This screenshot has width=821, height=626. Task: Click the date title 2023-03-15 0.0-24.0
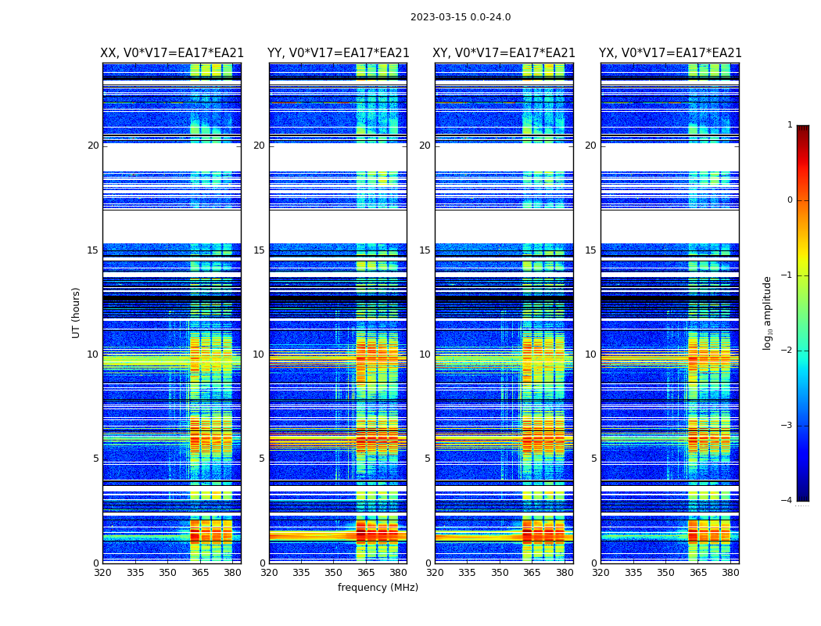(x=461, y=17)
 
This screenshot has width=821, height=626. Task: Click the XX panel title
(x=172, y=53)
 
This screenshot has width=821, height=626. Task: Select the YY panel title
(x=338, y=53)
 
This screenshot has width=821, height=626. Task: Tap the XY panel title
(x=504, y=53)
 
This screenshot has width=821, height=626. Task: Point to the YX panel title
(x=670, y=53)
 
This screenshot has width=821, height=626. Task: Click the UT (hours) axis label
(x=77, y=312)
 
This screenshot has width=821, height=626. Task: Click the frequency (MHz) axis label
(x=378, y=588)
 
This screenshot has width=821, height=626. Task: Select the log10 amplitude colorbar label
(x=768, y=312)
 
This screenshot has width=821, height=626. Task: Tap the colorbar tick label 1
(x=790, y=125)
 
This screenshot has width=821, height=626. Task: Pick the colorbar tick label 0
(x=790, y=200)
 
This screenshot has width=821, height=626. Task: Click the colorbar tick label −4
(x=787, y=501)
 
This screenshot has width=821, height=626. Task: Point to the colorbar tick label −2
(x=787, y=351)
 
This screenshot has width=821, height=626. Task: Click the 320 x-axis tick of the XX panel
(x=102, y=573)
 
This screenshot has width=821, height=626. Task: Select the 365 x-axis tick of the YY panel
(x=366, y=573)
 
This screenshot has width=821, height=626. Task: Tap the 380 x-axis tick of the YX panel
(x=730, y=573)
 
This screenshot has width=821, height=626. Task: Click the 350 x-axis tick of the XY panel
(x=500, y=573)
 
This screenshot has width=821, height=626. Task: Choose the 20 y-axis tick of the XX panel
(x=93, y=146)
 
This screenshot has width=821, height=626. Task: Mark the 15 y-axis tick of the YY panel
(x=259, y=250)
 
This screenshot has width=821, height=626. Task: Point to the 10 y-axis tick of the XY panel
(x=425, y=354)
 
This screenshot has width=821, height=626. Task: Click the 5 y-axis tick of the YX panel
(x=593, y=459)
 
